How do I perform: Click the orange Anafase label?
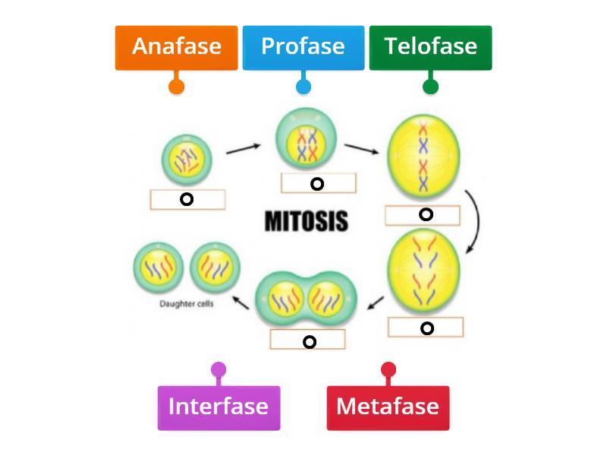pos(176,47)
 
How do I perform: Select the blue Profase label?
pos(303,47)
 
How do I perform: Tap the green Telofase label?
pos(430,47)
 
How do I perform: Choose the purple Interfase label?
pos(219,407)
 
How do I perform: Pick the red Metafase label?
pos(388,407)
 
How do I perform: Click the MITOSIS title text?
pos(307,221)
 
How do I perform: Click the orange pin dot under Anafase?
pos(176,86)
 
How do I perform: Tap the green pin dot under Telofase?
pos(430,86)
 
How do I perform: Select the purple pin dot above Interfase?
pos(219,370)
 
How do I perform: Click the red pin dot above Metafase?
pos(388,370)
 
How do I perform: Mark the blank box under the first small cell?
pos(187,199)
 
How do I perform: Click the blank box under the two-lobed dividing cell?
pos(309,340)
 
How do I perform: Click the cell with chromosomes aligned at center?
pos(423,161)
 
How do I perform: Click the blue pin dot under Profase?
pos(303,86)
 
